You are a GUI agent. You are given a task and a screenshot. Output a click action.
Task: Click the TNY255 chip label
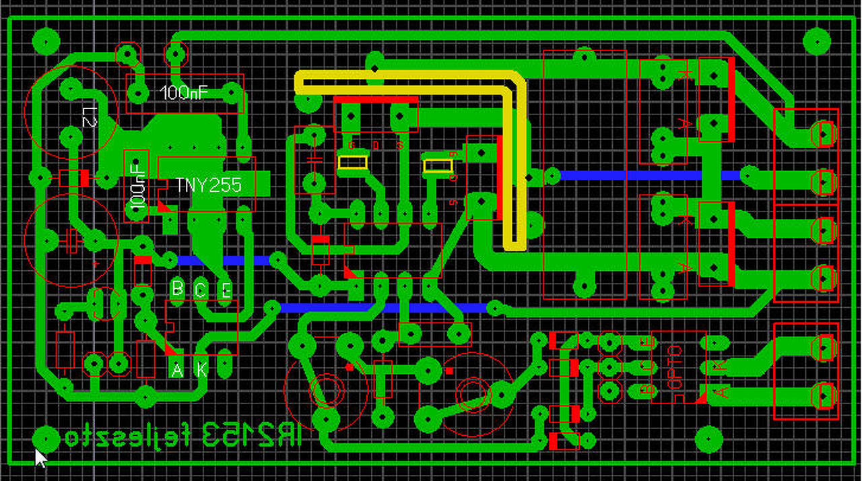click(x=208, y=185)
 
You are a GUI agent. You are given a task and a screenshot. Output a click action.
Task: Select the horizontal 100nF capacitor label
click(x=185, y=93)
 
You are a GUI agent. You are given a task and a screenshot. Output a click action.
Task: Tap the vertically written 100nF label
click(x=137, y=185)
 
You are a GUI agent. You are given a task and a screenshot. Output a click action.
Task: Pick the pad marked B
click(x=177, y=289)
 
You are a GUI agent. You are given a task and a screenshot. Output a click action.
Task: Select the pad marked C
click(x=201, y=290)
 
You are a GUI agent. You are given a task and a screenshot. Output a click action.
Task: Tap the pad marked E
click(x=226, y=290)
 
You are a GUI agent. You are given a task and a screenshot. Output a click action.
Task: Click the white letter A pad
click(x=177, y=369)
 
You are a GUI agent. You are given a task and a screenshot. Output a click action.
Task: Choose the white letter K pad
click(x=201, y=369)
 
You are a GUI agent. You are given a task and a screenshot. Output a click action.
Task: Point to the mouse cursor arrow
click(x=40, y=458)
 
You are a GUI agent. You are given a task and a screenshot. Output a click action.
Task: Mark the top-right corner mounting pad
click(x=817, y=42)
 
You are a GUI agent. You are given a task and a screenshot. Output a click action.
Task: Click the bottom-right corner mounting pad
click(x=708, y=439)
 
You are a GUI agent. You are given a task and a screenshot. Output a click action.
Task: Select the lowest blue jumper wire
click(x=384, y=309)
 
